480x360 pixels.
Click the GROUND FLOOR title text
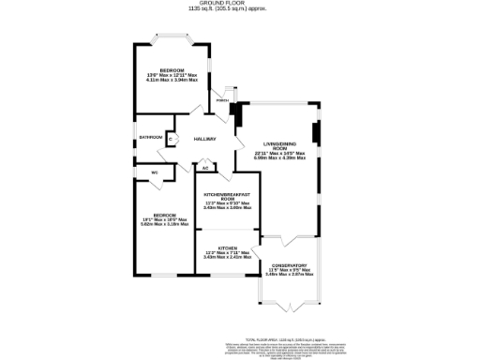[240, 3]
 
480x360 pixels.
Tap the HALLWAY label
[205, 140]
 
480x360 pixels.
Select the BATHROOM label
[151, 138]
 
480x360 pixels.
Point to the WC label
[154, 172]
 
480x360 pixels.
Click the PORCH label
[222, 100]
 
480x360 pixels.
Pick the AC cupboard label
[205, 168]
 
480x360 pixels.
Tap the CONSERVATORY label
[290, 265]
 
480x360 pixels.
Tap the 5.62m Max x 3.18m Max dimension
[164, 224]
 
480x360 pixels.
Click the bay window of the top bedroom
[173, 41]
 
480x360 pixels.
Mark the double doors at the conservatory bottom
[290, 307]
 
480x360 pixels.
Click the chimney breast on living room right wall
[316, 134]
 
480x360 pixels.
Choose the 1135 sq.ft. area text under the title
[240, 9]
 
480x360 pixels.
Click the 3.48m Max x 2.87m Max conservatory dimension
[290, 275]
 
